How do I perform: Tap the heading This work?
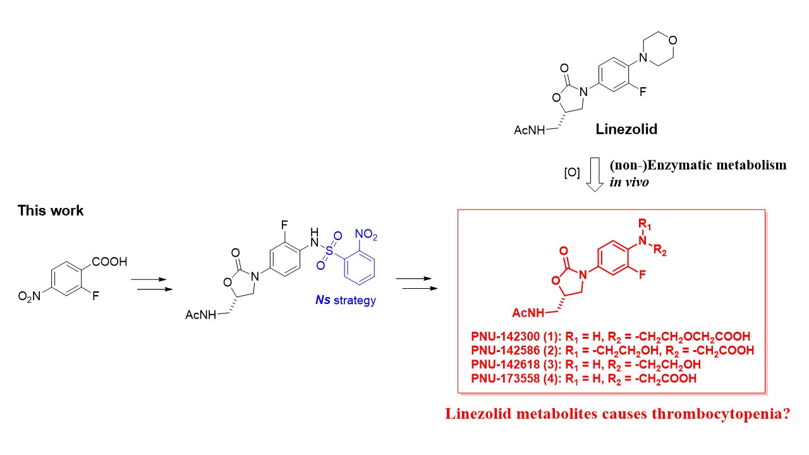coord(51,211)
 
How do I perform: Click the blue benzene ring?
coord(358,270)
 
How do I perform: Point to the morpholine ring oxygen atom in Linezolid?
coord(674,41)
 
